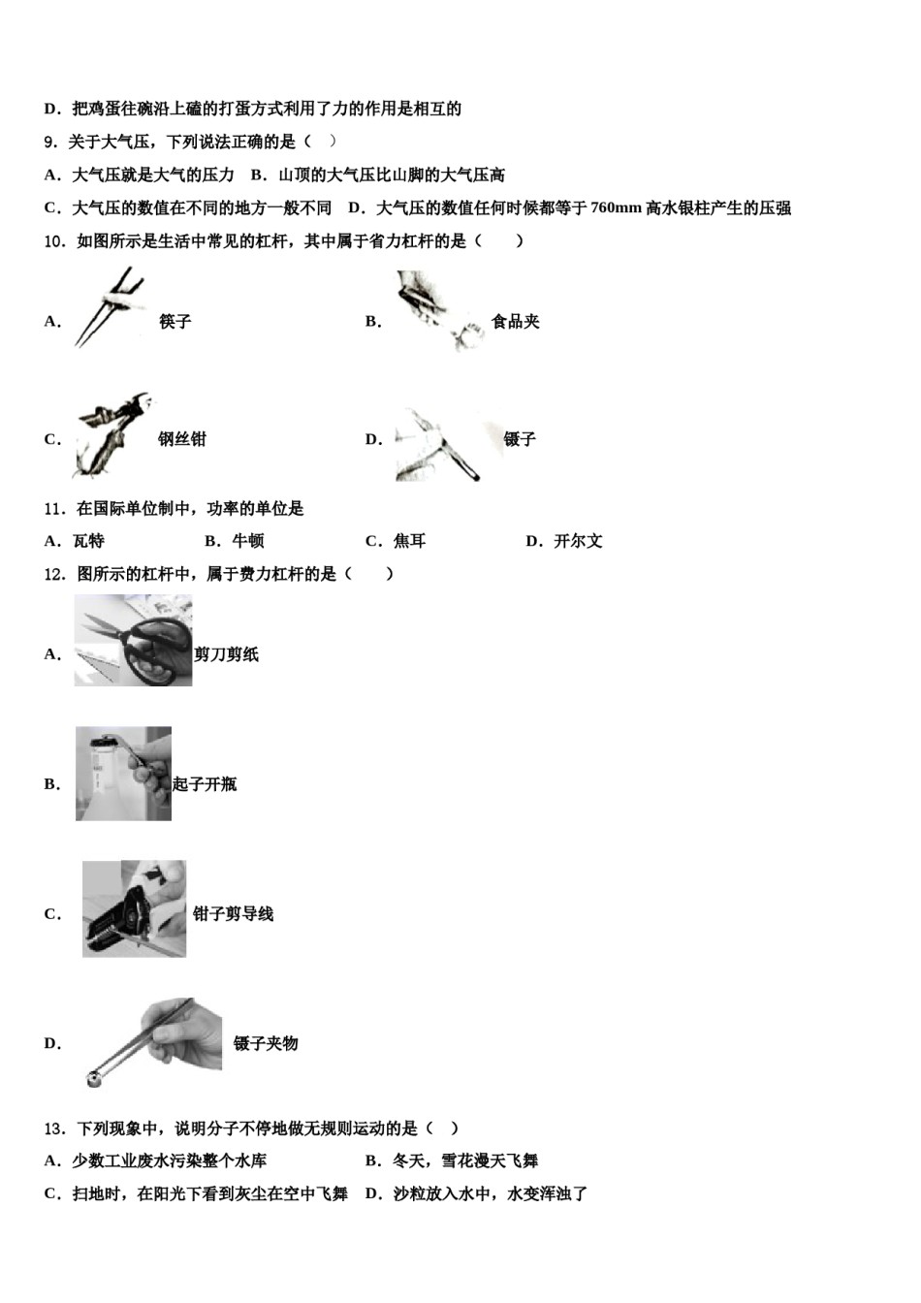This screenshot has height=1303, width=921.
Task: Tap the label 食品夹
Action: (x=515, y=322)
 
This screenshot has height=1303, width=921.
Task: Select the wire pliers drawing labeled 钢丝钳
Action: (x=109, y=437)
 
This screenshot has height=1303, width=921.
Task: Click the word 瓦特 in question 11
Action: (x=88, y=541)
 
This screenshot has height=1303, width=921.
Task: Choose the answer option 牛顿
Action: (x=248, y=541)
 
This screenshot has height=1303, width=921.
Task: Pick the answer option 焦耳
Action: (x=409, y=541)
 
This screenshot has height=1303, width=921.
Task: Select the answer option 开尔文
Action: (x=578, y=541)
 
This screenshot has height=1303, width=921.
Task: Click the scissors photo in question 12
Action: (x=133, y=641)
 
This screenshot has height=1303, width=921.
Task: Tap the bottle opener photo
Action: (x=123, y=774)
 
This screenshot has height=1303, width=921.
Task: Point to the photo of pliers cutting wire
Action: (x=134, y=909)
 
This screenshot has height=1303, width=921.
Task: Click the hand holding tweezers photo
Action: (x=155, y=1042)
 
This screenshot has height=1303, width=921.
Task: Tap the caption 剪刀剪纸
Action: (x=227, y=654)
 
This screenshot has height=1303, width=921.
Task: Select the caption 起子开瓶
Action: (x=205, y=784)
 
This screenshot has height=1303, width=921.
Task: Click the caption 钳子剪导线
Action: (x=234, y=914)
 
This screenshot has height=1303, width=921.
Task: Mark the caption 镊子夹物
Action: (x=266, y=1044)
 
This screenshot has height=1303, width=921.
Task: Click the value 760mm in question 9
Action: (x=616, y=207)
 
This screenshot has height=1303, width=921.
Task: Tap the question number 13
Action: (x=54, y=1128)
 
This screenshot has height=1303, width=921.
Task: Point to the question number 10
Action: (x=54, y=241)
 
